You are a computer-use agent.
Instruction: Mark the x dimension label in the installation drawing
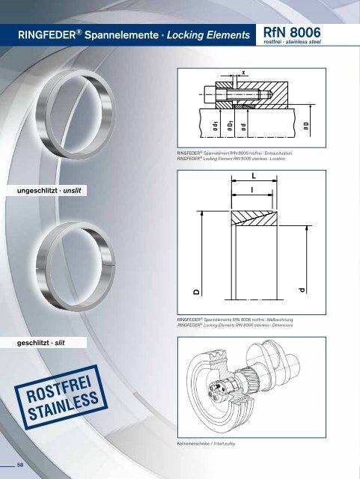[243, 73]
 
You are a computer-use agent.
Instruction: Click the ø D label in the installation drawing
[305, 127]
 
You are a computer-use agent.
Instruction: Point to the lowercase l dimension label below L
[254, 192]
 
